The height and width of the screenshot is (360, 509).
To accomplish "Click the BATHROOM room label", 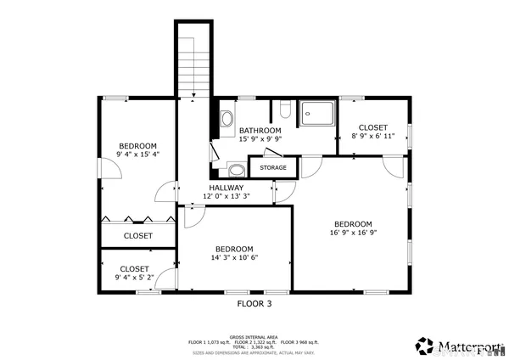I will tap(259, 130).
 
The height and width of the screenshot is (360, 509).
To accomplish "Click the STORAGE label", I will tap(273, 168).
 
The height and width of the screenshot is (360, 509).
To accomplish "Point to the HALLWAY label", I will tap(227, 188).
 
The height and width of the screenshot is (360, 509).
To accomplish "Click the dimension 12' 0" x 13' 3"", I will tap(227, 197).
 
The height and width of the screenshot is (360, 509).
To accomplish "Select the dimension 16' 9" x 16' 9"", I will tap(353, 233).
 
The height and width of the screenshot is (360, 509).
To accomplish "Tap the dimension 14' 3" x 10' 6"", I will tap(234, 258).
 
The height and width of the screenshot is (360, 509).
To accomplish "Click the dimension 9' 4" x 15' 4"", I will tap(138, 155).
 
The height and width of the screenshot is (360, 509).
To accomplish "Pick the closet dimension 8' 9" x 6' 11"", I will tap(373, 136).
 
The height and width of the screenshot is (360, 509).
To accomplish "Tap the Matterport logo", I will tap(459, 346).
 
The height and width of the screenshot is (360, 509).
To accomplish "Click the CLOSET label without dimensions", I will tap(138, 236).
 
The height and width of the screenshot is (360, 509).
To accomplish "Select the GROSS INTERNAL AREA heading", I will tap(255, 337).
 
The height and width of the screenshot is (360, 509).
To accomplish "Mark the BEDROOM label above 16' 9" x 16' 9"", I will tap(353, 223).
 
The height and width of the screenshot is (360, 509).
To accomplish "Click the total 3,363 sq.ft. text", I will tap(255, 346).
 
